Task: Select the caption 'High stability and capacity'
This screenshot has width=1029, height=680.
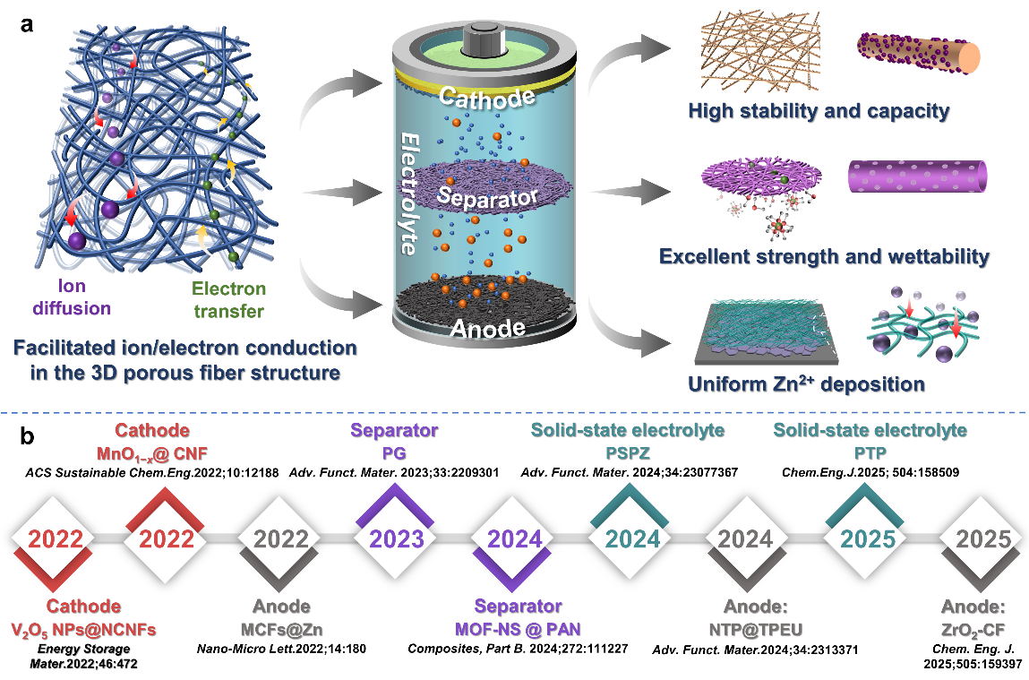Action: coord(819,112)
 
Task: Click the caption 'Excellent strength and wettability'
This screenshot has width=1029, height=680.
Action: coord(824,257)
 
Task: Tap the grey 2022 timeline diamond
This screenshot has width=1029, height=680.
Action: coord(281,538)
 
